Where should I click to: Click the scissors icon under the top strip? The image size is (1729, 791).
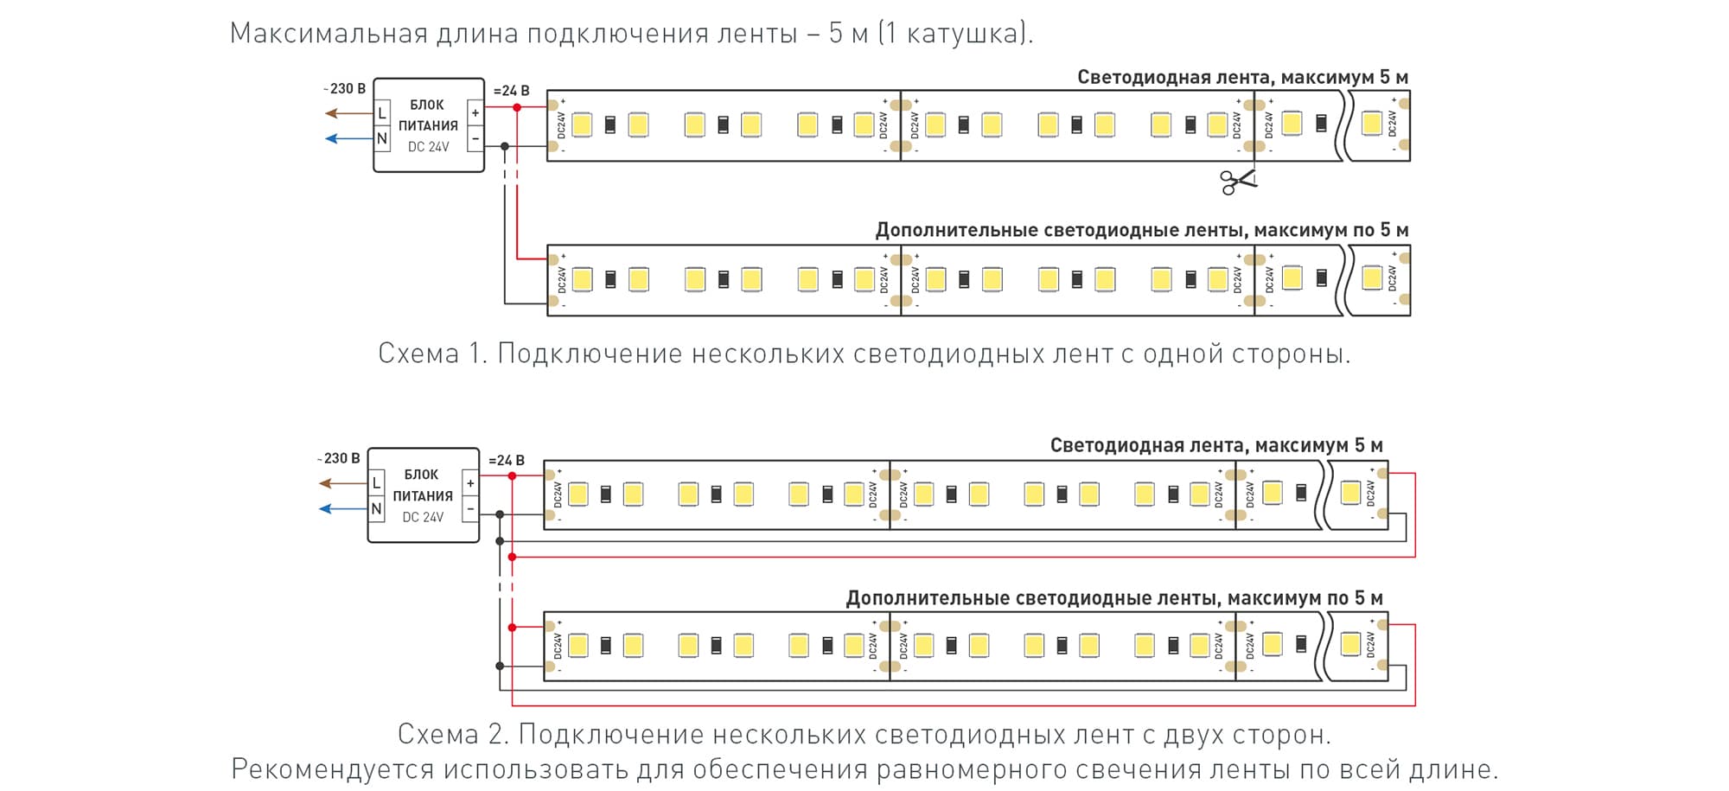(1237, 182)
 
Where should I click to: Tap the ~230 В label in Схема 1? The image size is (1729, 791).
(345, 89)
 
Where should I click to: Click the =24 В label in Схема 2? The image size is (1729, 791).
(506, 461)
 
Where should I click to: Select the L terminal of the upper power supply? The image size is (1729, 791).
(382, 113)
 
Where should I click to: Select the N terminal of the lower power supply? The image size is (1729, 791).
(376, 509)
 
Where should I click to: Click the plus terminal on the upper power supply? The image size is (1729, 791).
(475, 113)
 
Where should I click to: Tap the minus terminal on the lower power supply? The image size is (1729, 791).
(469, 509)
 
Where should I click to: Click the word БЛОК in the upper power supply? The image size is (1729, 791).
(427, 105)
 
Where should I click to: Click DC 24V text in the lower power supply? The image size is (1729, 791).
(423, 517)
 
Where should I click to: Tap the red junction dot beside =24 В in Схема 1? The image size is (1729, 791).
(517, 107)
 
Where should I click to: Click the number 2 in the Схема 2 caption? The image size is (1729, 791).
(495, 734)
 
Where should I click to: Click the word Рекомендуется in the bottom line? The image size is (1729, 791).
(333, 769)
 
